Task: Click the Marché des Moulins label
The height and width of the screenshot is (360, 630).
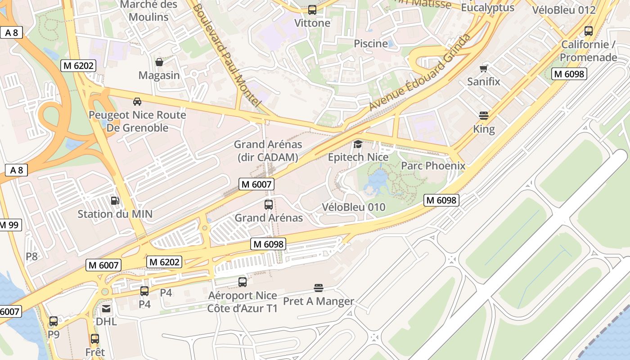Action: pyautogui.click(x=148, y=11)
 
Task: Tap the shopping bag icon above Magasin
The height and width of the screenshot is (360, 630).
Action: pyautogui.click(x=159, y=62)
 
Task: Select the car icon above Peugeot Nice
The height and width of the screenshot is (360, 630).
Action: pyautogui.click(x=137, y=102)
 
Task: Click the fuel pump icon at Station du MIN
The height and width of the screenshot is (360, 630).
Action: pyautogui.click(x=115, y=201)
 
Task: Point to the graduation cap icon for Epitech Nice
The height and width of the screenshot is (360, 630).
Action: pyautogui.click(x=358, y=144)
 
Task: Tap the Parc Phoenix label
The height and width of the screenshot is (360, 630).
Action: pyautogui.click(x=433, y=166)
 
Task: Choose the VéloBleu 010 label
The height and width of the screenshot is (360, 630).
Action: pyautogui.click(x=354, y=207)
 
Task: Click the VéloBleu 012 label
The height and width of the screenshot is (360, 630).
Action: pyautogui.click(x=563, y=10)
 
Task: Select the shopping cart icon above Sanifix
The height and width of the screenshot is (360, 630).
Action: pyautogui.click(x=484, y=68)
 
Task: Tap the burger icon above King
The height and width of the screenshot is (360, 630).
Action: pyautogui.click(x=484, y=116)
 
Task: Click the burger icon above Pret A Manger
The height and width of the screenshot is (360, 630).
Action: pyautogui.click(x=319, y=288)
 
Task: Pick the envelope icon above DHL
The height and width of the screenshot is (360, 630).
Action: pyautogui.click(x=106, y=309)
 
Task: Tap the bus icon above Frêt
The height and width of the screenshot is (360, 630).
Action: pyautogui.click(x=95, y=339)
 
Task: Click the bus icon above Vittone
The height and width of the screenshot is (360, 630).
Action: pyautogui.click(x=312, y=10)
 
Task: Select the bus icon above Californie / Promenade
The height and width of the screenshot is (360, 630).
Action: pyautogui.click(x=588, y=31)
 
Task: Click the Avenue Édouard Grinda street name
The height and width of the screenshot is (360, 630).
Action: pyautogui.click(x=419, y=72)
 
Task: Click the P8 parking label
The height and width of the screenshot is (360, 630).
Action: pyautogui.click(x=31, y=256)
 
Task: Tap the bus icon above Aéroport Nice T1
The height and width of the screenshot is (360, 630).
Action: pyautogui.click(x=242, y=282)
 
